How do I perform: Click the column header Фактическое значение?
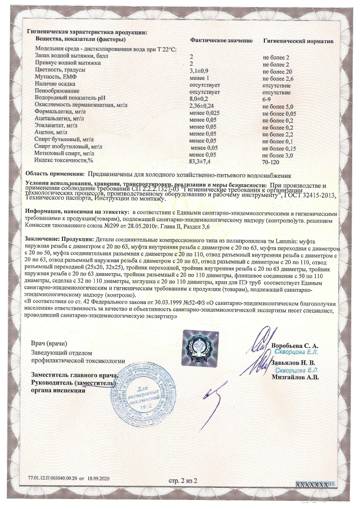(x=221, y=41)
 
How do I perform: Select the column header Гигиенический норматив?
(x=298, y=41)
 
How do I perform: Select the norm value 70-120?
(x=271, y=162)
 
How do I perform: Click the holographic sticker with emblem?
(x=200, y=347)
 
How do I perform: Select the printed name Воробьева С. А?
(x=295, y=346)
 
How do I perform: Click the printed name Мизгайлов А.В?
(x=295, y=377)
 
